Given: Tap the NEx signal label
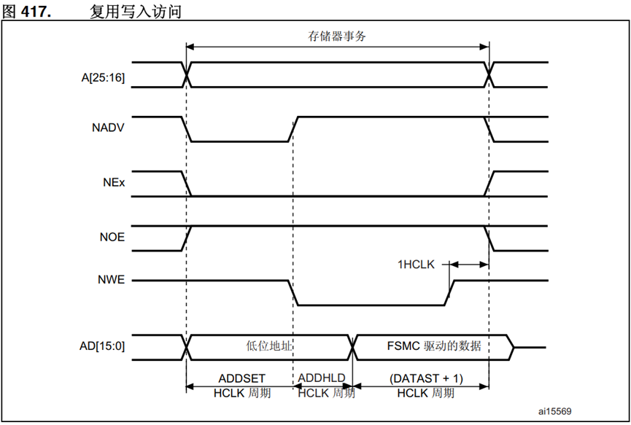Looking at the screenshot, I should (113, 183).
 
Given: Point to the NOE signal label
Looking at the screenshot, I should (111, 237).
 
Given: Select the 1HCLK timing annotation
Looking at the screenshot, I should (416, 265).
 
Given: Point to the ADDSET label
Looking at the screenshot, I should (242, 378).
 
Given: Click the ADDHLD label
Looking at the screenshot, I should (322, 378).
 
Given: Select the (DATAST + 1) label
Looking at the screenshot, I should (427, 378).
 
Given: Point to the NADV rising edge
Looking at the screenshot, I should (293, 129).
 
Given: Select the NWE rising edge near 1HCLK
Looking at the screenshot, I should (449, 292).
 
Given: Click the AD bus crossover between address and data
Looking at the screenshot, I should (354, 346).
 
